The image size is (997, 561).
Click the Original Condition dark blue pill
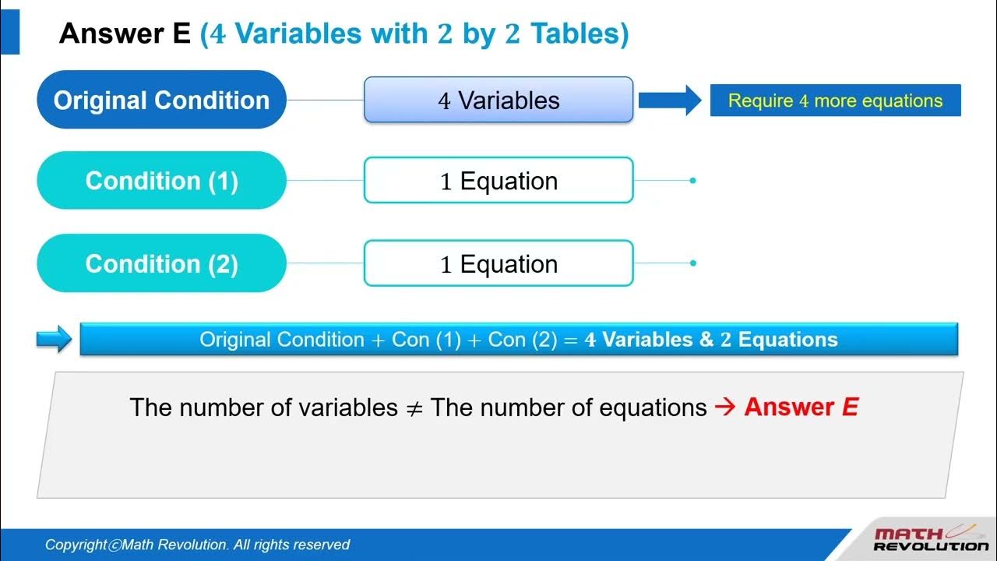tap(161, 101)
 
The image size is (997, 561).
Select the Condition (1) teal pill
tap(161, 181)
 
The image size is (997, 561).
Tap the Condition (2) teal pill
tap(161, 263)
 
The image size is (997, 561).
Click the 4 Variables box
tap(498, 101)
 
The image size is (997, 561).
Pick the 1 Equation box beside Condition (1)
tap(498, 181)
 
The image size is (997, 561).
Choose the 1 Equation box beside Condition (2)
tap(498, 263)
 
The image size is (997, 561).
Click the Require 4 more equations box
tap(835, 101)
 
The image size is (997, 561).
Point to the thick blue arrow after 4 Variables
tap(669, 101)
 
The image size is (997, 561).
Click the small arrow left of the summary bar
tap(54, 340)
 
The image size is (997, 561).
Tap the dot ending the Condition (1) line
tap(692, 181)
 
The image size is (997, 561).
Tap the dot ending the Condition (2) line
tap(692, 263)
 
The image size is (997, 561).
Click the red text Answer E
tap(801, 408)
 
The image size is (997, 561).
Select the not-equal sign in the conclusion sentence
tap(414, 408)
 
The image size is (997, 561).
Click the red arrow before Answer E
tap(724, 408)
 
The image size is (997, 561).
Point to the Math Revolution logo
tap(930, 539)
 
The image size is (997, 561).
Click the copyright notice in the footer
tap(197, 545)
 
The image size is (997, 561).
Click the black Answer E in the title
tap(125, 34)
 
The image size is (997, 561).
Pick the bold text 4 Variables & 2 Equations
tap(710, 340)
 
